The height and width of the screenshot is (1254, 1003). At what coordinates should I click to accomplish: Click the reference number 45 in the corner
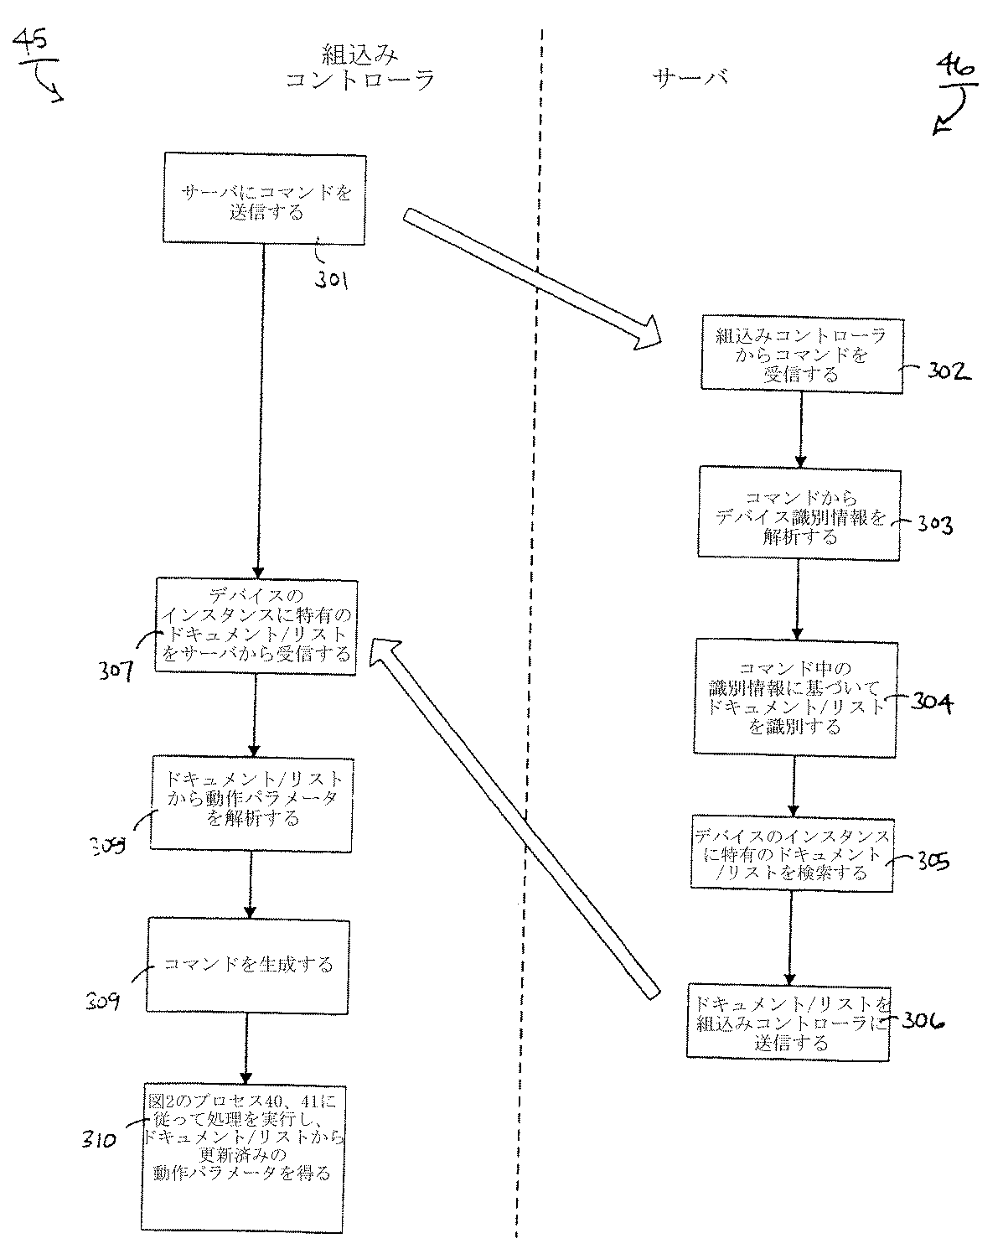[31, 42]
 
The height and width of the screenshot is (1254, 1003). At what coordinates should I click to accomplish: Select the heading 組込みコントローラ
[359, 68]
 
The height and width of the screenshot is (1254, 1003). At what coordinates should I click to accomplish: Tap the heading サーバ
[690, 78]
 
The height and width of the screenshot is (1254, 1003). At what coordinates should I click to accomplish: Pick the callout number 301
[332, 279]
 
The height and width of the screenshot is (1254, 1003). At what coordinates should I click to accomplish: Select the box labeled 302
[801, 354]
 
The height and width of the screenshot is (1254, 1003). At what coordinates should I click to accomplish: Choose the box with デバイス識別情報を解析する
[799, 514]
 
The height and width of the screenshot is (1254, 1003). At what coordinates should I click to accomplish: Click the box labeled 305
[792, 853]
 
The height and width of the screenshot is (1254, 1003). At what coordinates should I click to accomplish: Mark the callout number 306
[923, 1021]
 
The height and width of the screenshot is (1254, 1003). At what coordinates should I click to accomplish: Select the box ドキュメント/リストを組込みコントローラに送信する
[788, 1023]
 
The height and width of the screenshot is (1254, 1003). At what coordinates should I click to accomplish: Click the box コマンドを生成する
[247, 965]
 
